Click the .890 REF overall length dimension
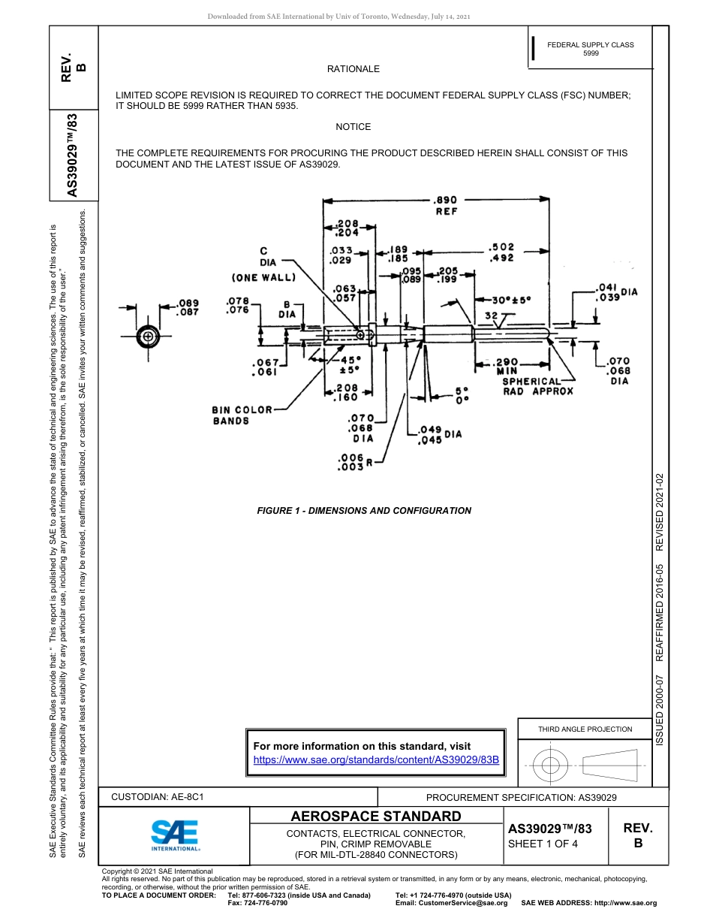pos(445,206)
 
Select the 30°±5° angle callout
pos(507,299)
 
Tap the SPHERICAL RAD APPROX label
pos(537,386)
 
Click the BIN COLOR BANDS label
pos(242,415)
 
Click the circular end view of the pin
pos(149,337)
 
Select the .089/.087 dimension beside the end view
pos(188,308)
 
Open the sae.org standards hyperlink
pos(376,759)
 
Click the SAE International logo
pos(175,835)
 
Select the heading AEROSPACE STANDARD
pos(376,817)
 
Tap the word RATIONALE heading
pos(353,69)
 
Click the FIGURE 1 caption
pos(364,511)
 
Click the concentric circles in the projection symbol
pos(551,765)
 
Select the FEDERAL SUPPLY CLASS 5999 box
pos(590,49)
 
